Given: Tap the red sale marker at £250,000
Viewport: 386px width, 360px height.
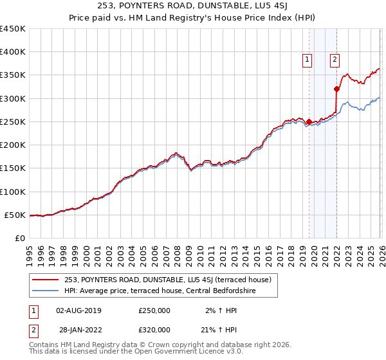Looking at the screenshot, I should click(309, 122).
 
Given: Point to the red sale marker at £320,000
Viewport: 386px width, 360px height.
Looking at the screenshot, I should click(336, 89).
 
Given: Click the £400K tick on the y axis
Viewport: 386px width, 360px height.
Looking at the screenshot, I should click(13, 52).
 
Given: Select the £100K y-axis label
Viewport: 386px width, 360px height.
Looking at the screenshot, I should click(13, 192).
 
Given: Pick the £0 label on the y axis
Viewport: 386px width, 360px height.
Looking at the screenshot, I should click(19, 239).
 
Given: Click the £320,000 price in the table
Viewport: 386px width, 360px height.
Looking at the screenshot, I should click(154, 330).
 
